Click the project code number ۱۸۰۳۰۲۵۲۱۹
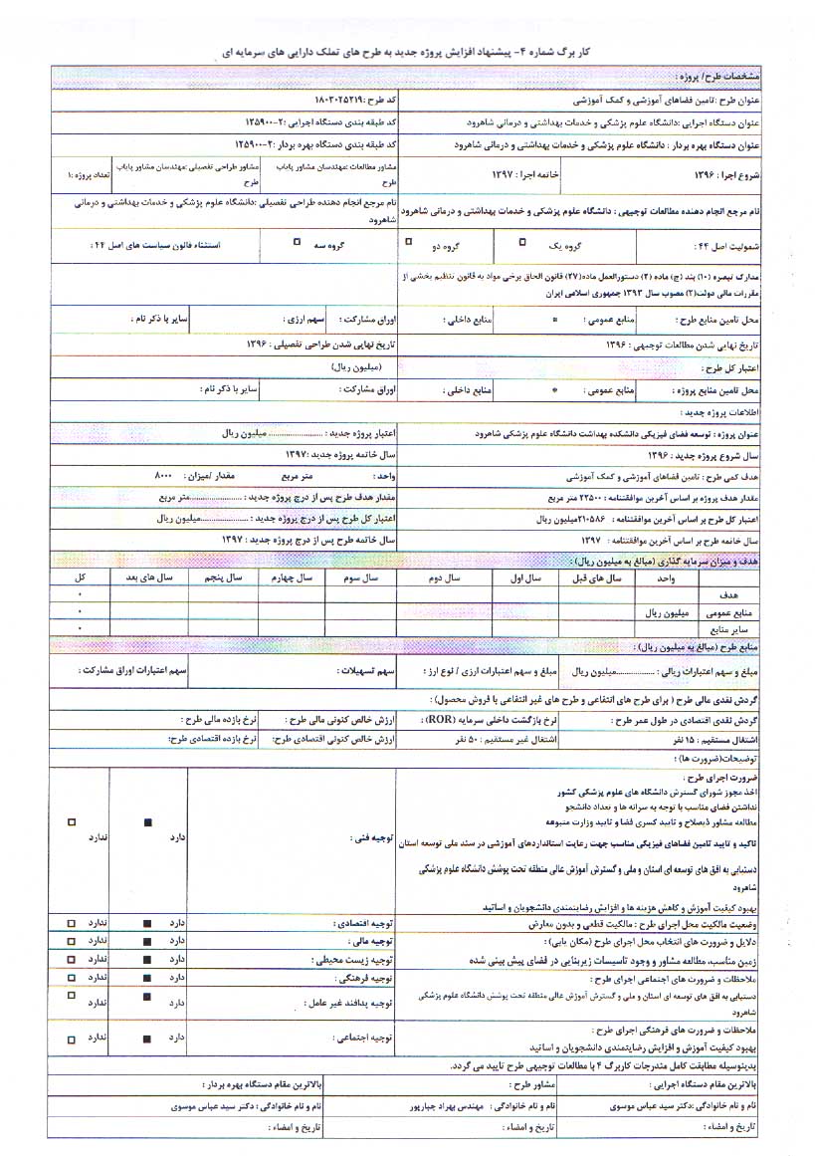pyautogui.click(x=288, y=101)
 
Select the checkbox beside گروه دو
pyautogui.click(x=408, y=241)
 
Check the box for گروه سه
pyautogui.click(x=297, y=241)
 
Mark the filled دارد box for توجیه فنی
pyautogui.click(x=147, y=821)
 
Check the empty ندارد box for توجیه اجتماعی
pyautogui.click(x=71, y=1037)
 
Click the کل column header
pyautogui.click(x=80, y=578)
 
